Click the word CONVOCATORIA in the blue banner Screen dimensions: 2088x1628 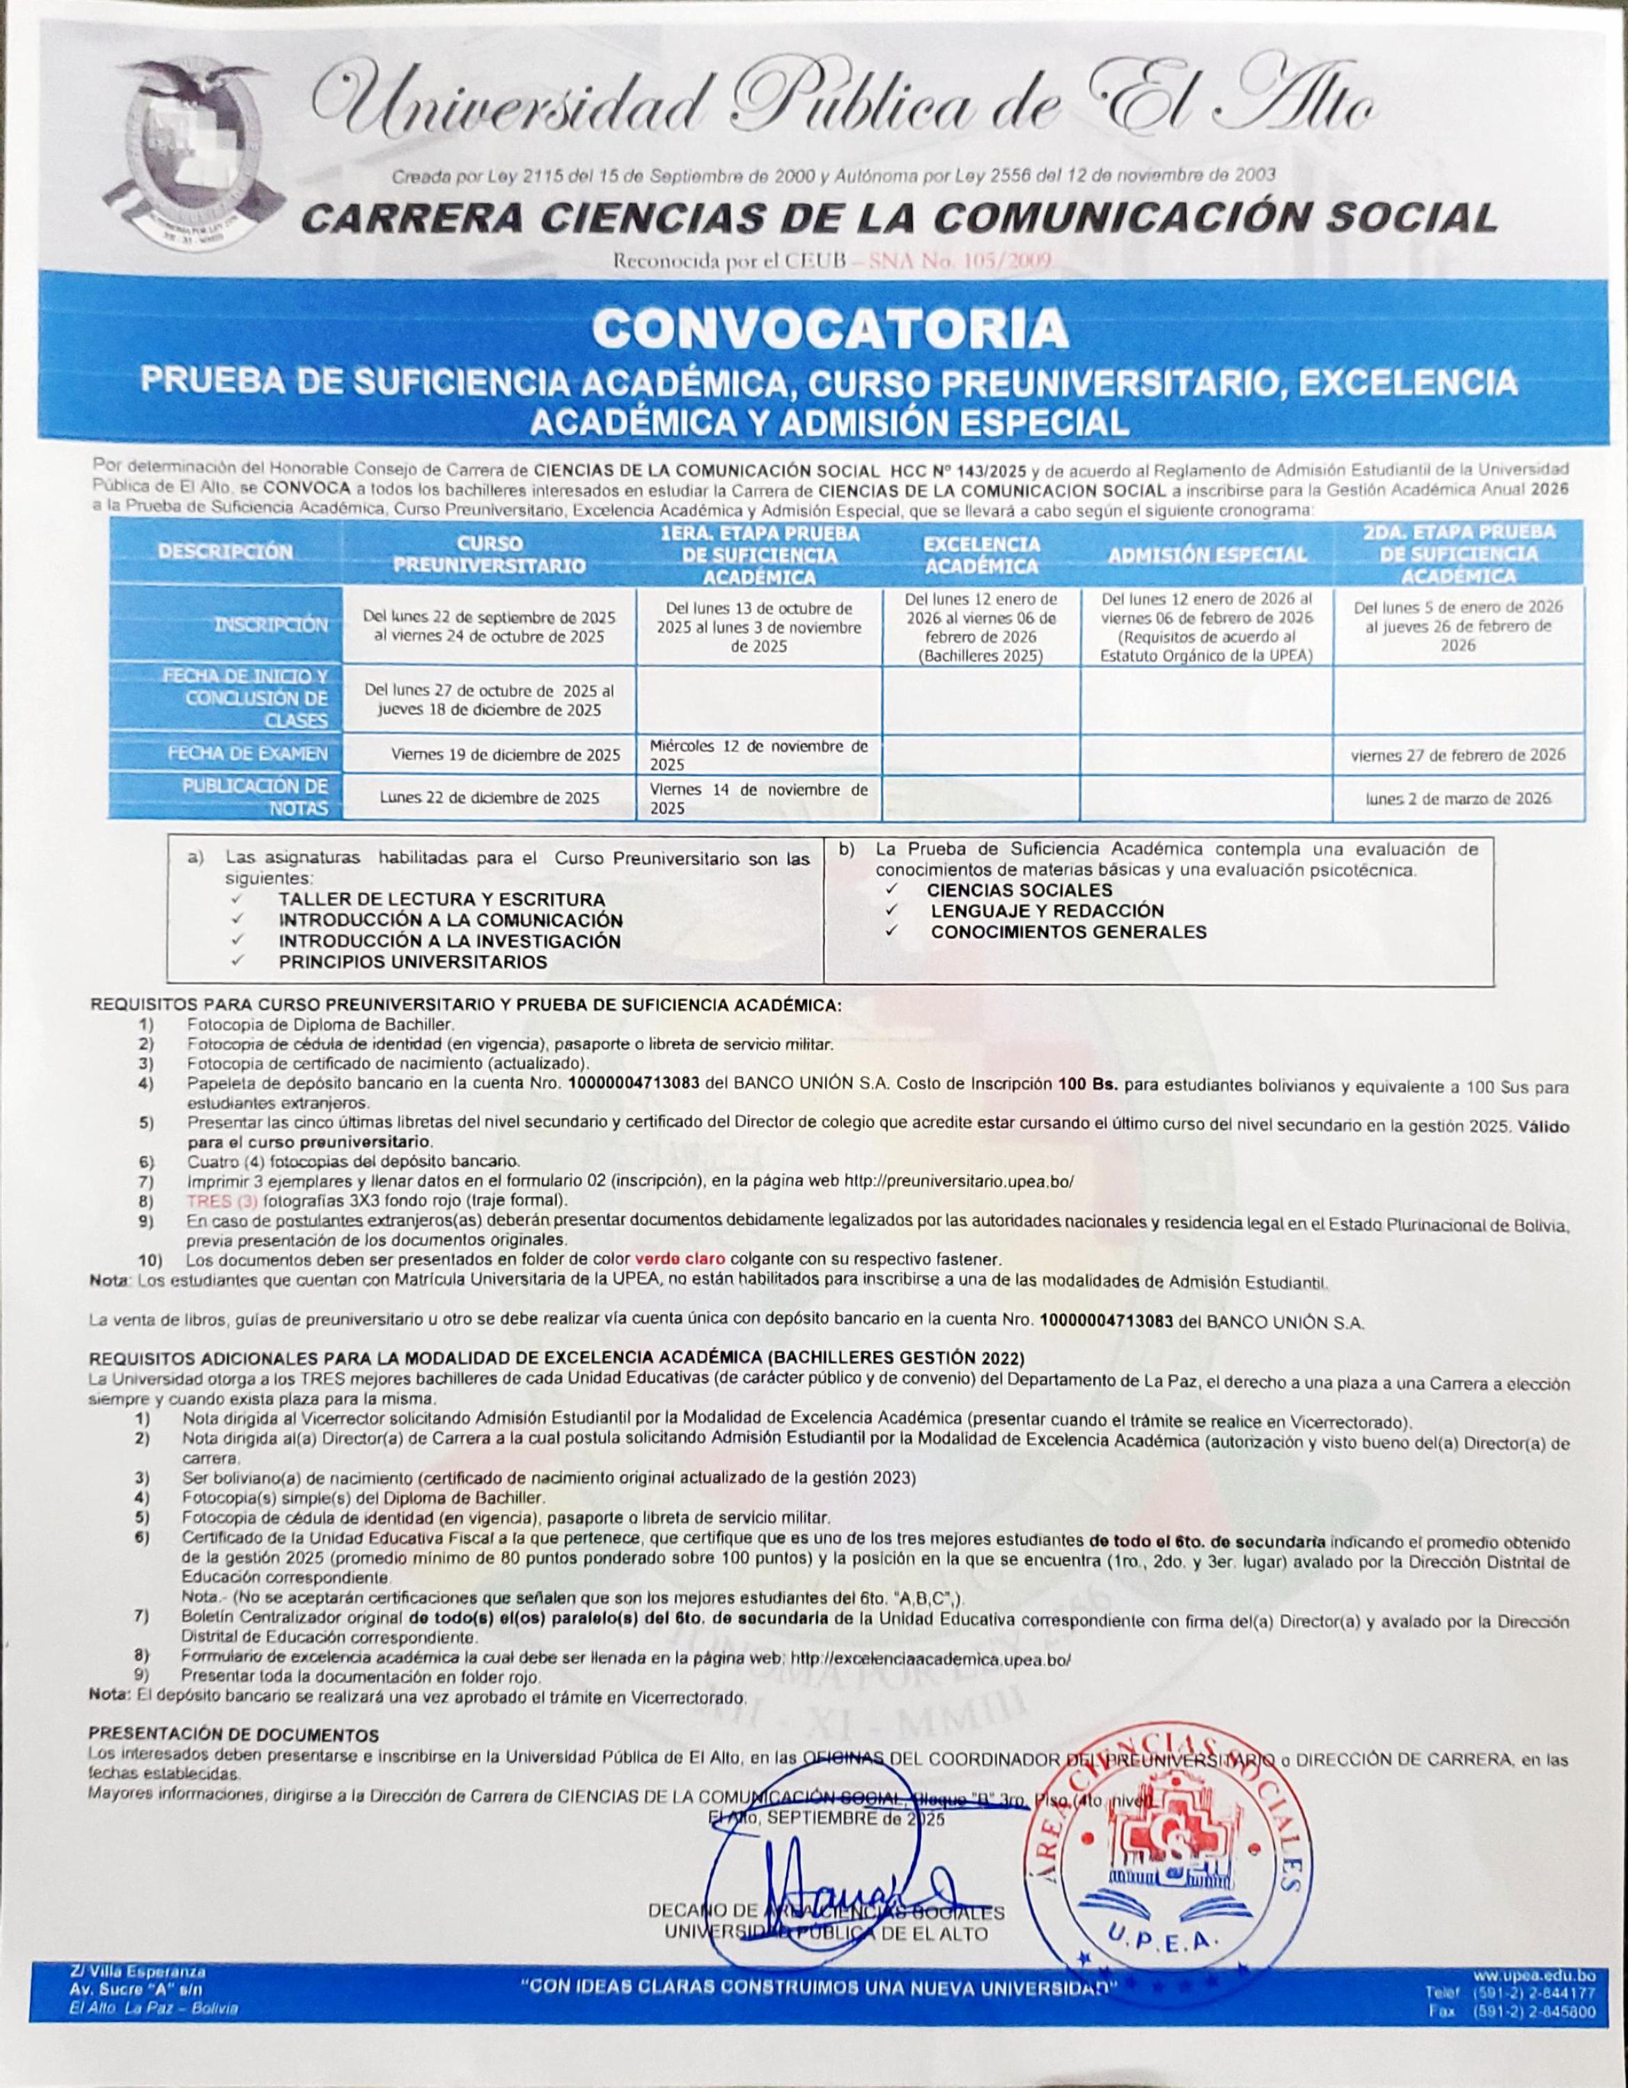(829, 328)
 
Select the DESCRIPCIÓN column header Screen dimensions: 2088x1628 (225, 552)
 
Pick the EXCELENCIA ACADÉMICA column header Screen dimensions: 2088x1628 (980, 555)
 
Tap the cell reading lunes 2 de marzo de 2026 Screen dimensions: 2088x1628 (1457, 798)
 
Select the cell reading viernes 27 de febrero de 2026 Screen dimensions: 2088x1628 (1457, 754)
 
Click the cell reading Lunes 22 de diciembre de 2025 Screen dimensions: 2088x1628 (489, 798)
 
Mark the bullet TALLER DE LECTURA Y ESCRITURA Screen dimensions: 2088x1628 (441, 900)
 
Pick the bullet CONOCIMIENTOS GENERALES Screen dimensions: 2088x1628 (1068, 931)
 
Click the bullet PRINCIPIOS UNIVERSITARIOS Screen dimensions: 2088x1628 (412, 962)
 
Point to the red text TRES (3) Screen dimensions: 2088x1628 (224, 1200)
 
